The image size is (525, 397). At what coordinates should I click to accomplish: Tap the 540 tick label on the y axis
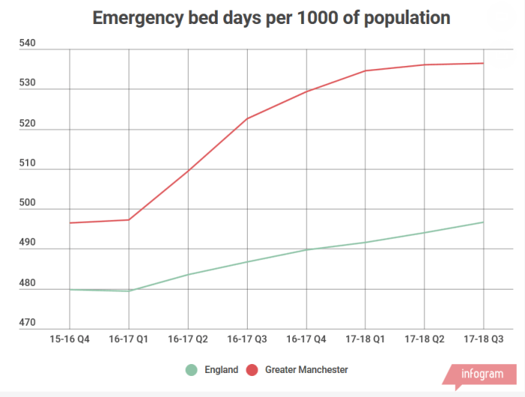pyautogui.click(x=28, y=44)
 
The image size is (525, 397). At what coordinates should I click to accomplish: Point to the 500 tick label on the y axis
pyautogui.click(x=28, y=204)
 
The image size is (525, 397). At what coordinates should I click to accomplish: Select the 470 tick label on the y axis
pyautogui.click(x=28, y=323)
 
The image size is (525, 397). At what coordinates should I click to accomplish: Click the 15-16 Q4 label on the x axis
pyautogui.click(x=70, y=339)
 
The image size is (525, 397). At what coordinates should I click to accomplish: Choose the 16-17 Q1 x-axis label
pyautogui.click(x=128, y=339)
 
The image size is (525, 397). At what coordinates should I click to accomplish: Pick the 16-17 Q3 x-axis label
pyautogui.click(x=247, y=339)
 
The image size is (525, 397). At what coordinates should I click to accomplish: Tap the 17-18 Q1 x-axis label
pyautogui.click(x=365, y=339)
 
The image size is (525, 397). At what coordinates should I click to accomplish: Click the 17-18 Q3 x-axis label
pyautogui.click(x=483, y=339)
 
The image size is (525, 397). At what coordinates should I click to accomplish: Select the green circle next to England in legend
pyautogui.click(x=192, y=370)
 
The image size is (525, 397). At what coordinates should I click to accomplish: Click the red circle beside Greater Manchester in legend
pyautogui.click(x=252, y=370)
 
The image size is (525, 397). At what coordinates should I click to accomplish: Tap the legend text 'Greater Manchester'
pyautogui.click(x=306, y=370)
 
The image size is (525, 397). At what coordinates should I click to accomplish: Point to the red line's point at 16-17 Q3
pyautogui.click(x=247, y=119)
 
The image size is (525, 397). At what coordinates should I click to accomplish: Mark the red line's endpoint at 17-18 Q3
pyautogui.click(x=483, y=63)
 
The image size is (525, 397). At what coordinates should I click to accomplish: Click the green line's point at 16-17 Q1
pyautogui.click(x=128, y=291)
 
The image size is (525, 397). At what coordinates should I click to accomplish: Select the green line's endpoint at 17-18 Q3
pyautogui.click(x=483, y=222)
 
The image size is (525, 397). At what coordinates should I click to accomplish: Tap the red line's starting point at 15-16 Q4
pyautogui.click(x=70, y=223)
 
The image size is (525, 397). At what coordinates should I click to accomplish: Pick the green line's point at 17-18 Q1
pyautogui.click(x=365, y=242)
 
